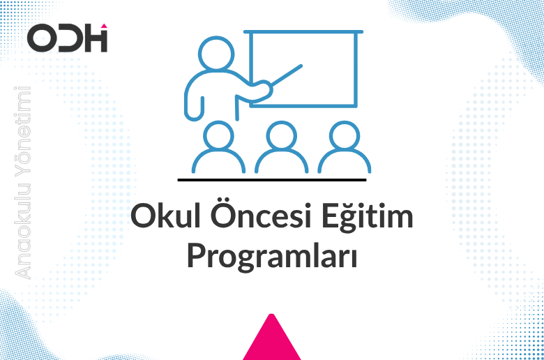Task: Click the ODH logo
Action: coord(67,38)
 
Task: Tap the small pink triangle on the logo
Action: coord(103,27)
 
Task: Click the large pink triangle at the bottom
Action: coord(271,340)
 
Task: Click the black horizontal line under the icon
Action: coord(272,179)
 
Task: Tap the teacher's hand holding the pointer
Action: coord(262,89)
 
